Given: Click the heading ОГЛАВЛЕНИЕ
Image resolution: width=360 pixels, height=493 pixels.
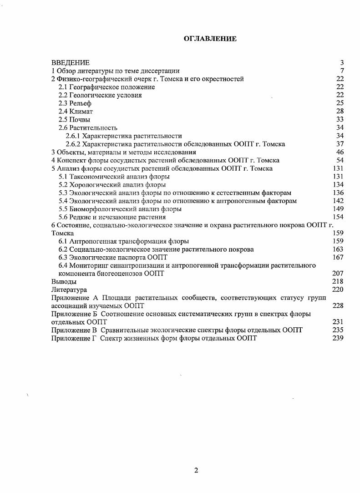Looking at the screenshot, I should pyautogui.click(x=210, y=39).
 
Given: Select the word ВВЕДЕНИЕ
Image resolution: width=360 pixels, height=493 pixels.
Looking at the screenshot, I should pyautogui.click(x=71, y=62).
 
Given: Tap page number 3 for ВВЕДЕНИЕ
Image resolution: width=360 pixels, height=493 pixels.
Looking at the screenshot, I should pyautogui.click(x=341, y=62).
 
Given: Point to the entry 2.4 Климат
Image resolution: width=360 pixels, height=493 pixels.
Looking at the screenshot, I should pyautogui.click(x=76, y=112).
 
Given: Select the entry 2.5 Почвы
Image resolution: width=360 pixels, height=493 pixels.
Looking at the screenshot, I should pyautogui.click(x=74, y=120).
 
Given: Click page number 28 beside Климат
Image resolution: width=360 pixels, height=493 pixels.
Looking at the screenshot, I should pyautogui.click(x=340, y=112).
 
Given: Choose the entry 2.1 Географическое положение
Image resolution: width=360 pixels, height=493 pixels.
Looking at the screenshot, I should pyautogui.click(x=106, y=87).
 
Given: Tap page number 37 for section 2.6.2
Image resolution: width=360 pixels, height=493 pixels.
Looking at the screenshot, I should pyautogui.click(x=340, y=144).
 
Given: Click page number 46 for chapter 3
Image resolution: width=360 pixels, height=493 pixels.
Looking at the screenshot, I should pyautogui.click(x=340, y=152).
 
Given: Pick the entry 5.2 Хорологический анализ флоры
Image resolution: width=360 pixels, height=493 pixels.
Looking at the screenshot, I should pyautogui.click(x=112, y=185).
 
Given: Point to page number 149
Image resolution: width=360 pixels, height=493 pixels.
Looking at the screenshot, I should pyautogui.click(x=338, y=209).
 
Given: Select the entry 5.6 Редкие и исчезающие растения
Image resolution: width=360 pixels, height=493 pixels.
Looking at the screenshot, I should pyautogui.click(x=112, y=217).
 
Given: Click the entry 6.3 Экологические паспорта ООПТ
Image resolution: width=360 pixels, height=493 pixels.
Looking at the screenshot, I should pyautogui.click(x=113, y=257).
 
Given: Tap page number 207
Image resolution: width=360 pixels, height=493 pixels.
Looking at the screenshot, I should pyautogui.click(x=338, y=274).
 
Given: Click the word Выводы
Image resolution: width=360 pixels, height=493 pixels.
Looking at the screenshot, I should pyautogui.click(x=64, y=282).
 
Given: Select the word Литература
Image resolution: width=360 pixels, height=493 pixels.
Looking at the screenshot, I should pyautogui.click(x=69, y=290).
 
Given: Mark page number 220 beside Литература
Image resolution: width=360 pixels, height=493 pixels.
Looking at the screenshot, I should pyautogui.click(x=338, y=290).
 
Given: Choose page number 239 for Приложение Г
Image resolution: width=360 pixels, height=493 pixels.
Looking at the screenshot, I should pyautogui.click(x=338, y=338).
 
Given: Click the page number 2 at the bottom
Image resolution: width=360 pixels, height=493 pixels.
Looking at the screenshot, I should pyautogui.click(x=196, y=471).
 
